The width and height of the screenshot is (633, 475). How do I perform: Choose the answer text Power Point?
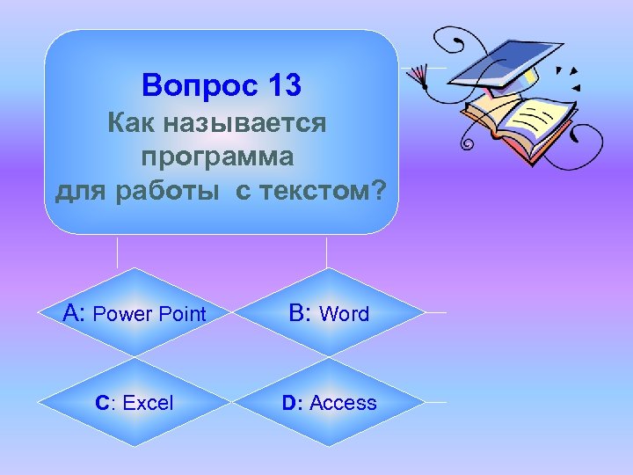tap(149, 314)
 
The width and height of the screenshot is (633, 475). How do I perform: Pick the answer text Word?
tap(345, 314)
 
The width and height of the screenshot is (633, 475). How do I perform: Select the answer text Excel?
tap(149, 403)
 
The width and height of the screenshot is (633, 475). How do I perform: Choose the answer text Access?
tap(343, 403)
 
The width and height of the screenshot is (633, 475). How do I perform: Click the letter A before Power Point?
tap(74, 313)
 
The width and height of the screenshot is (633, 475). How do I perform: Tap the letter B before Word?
tap(298, 313)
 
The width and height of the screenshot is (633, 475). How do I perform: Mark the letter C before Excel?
tap(104, 403)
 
